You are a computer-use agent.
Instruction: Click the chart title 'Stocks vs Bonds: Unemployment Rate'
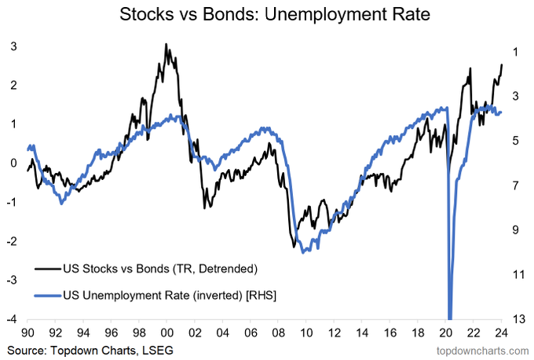[x=267, y=14]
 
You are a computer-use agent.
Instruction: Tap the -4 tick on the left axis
[x=12, y=318]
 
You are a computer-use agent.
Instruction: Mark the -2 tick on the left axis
[x=12, y=241]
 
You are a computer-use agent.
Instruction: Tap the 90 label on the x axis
[x=28, y=332]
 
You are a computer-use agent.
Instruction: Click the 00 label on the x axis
[x=167, y=332]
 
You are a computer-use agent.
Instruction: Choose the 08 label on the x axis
[x=279, y=332]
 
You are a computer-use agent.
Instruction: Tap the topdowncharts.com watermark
[x=479, y=348]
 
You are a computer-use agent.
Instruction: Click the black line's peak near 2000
[x=166, y=45]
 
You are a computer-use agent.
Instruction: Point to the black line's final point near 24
[x=502, y=64]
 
